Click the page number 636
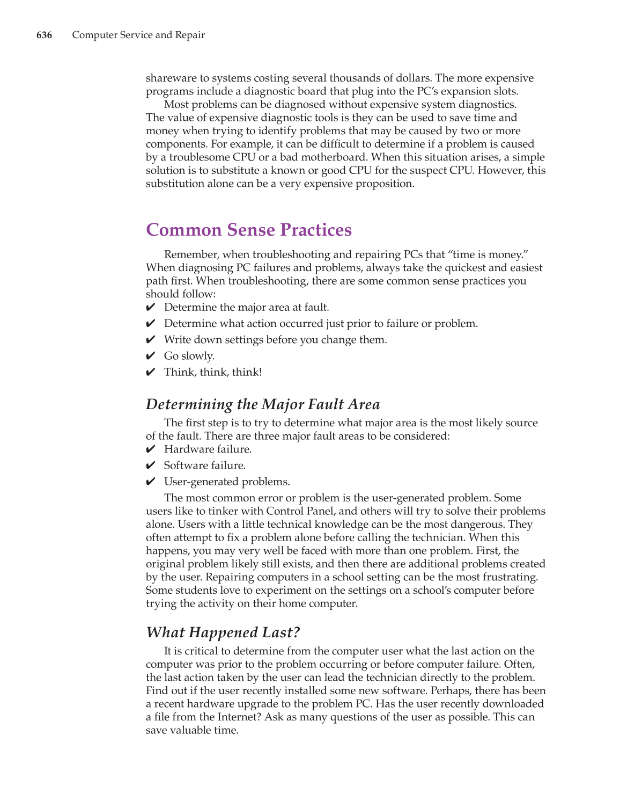[44, 35]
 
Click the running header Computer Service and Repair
[138, 35]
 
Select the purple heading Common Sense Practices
[249, 230]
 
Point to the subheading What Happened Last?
[223, 632]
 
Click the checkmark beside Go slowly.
[151, 356]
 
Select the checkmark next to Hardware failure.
[151, 449]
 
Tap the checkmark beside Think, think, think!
[151, 372]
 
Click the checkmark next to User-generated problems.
[151, 482]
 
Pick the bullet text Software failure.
[204, 465]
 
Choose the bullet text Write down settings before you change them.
[275, 340]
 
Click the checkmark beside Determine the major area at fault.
[151, 308]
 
